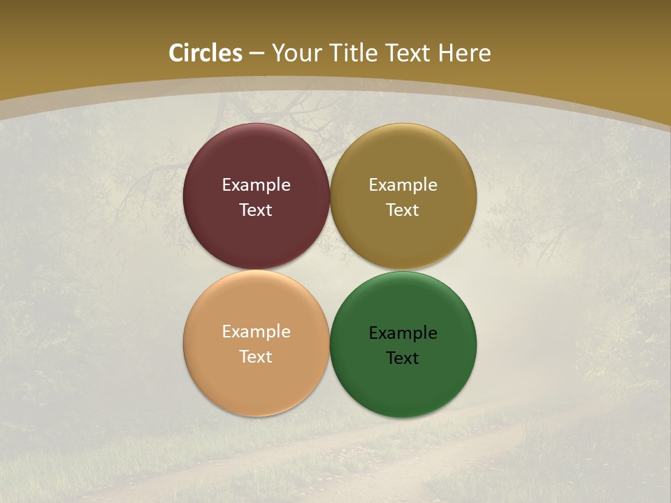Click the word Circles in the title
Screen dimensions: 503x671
(x=205, y=53)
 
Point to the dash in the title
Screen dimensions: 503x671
(x=257, y=54)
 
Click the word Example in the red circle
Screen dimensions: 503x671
(x=256, y=185)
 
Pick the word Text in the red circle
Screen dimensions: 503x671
(x=256, y=210)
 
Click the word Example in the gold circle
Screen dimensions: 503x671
(x=403, y=185)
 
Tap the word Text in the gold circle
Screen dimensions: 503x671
(x=403, y=210)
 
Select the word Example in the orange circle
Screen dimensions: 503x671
(x=256, y=332)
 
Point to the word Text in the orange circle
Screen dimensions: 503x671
(x=256, y=357)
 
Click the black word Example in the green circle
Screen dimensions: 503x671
(x=403, y=333)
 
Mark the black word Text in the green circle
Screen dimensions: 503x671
(x=403, y=358)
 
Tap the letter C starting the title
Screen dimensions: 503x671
(x=177, y=53)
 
